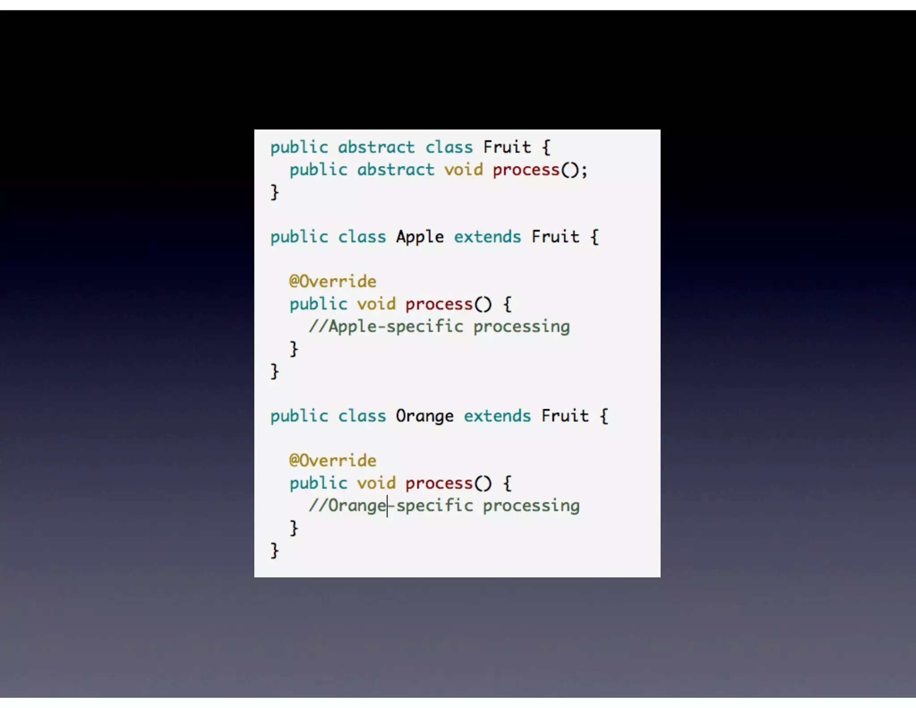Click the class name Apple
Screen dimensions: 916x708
point(420,237)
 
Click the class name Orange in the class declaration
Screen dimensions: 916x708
point(424,416)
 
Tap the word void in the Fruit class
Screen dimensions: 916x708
point(463,170)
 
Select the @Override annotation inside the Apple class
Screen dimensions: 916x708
point(333,281)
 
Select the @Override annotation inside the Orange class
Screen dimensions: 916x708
point(333,461)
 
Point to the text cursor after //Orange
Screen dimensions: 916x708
point(387,506)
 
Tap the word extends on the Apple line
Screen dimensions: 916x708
point(488,237)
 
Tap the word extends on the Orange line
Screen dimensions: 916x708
point(497,416)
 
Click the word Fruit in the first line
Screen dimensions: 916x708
point(507,147)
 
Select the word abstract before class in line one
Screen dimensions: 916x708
point(376,147)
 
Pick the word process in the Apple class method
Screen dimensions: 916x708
point(439,304)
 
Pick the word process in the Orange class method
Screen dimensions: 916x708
point(439,483)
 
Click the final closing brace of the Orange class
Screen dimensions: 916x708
point(275,550)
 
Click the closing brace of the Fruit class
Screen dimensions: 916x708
point(275,192)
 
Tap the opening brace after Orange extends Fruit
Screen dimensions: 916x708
point(604,416)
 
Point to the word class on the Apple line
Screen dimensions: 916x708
point(362,237)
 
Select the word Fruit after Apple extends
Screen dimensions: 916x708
point(555,237)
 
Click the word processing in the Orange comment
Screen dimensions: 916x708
point(531,506)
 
